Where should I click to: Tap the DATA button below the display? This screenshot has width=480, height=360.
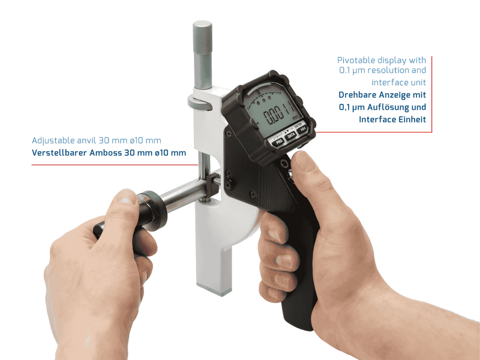pos(291,136)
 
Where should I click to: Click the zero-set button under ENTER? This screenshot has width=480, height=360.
pos(302,129)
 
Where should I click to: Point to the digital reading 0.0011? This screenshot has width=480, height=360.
pos(278,113)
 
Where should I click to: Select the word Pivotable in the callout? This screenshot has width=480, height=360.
pos(356,61)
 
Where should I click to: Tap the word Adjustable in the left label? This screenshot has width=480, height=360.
pos(53,140)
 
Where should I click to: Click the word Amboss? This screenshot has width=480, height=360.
pos(106,152)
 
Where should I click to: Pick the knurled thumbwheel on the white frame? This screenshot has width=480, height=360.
pos(200,103)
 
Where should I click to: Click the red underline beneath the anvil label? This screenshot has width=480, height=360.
pos(115,165)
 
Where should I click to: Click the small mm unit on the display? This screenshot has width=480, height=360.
pos(295,117)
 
